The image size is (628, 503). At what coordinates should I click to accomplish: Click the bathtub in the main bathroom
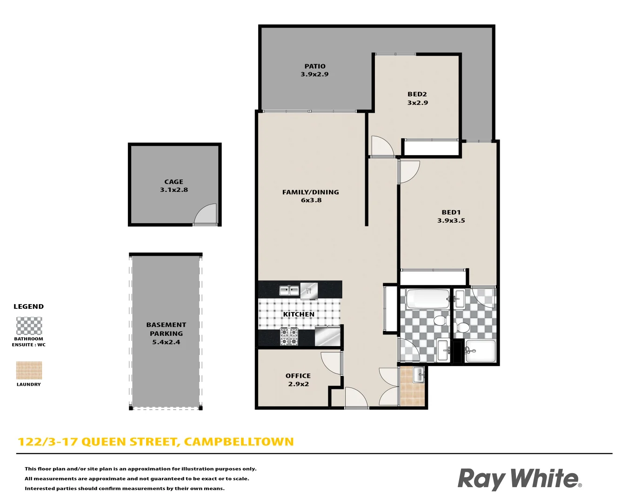(x=427, y=299)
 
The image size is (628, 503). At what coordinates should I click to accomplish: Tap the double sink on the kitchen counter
(x=289, y=291)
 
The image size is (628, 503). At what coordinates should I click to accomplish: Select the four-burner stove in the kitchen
(x=289, y=337)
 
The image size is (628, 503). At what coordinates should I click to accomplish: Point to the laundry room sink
(x=419, y=374)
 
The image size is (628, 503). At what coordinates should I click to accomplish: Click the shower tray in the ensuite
(x=481, y=351)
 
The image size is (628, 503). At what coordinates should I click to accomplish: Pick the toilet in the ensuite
(x=462, y=327)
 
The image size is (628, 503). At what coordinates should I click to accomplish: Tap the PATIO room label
(x=315, y=66)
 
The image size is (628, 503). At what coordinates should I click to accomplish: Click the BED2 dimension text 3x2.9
(x=417, y=103)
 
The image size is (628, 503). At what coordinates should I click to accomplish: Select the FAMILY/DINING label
(x=311, y=192)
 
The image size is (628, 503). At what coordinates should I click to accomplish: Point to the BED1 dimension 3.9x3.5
(x=451, y=221)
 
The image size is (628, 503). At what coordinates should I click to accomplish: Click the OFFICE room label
(x=298, y=376)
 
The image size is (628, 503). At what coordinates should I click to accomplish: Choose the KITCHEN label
(x=299, y=314)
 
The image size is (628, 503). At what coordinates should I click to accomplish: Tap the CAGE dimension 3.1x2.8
(x=174, y=190)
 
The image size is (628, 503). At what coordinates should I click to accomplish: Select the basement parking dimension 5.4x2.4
(x=166, y=342)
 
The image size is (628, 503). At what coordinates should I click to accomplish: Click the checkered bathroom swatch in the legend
(x=29, y=326)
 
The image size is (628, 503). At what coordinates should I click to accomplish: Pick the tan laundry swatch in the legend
(x=29, y=371)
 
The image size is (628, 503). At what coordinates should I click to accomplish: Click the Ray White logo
(x=519, y=479)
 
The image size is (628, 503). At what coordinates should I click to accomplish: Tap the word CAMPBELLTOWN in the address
(x=239, y=442)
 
